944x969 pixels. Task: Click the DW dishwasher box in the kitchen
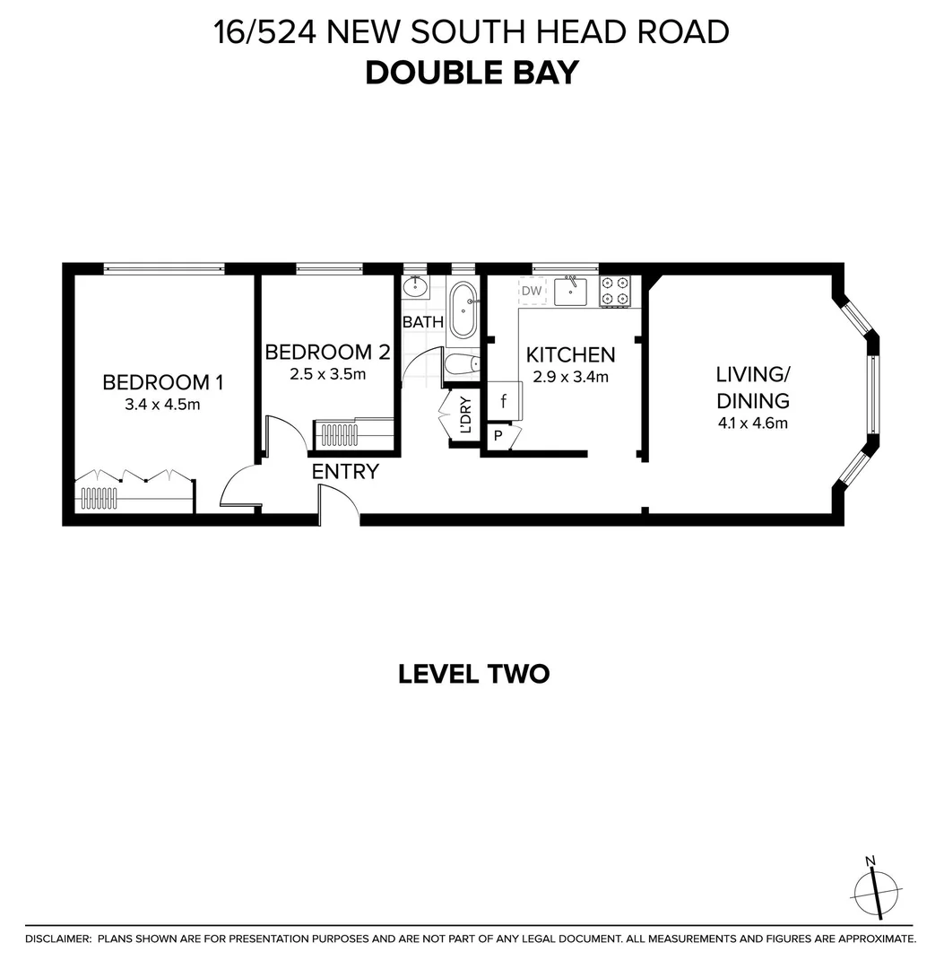[532, 291]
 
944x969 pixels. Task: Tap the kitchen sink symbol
[570, 292]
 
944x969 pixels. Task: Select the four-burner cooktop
[615, 292]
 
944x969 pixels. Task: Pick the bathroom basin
[415, 288]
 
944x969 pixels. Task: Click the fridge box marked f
[504, 400]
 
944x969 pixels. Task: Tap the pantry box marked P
[498, 436]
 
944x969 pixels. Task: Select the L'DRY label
[465, 415]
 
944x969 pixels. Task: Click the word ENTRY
[345, 471]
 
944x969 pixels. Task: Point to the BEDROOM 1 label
[162, 382]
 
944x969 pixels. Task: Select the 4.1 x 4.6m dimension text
[752, 423]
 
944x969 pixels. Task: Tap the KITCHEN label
[570, 354]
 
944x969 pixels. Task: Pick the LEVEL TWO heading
[473, 674]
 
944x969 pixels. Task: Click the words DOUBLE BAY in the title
[472, 73]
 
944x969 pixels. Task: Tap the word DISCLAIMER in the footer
[58, 939]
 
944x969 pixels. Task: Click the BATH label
[422, 321]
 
